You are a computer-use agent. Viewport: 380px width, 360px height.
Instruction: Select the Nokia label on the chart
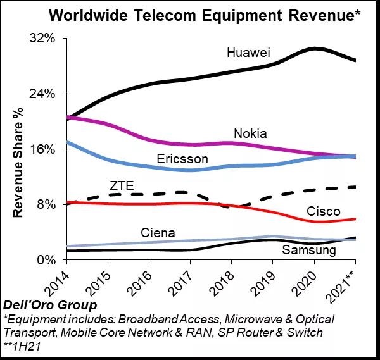[250, 133]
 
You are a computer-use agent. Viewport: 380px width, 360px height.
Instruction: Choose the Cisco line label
[323, 211]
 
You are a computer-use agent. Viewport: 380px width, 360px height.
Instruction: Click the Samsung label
[308, 251]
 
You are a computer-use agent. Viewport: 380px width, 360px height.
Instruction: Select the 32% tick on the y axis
[44, 39]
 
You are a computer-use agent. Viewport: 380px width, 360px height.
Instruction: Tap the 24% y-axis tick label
[44, 94]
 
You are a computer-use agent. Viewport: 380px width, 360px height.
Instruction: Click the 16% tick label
[44, 149]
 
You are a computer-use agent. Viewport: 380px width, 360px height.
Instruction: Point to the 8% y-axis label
[47, 204]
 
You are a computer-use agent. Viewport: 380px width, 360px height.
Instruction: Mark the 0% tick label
[47, 259]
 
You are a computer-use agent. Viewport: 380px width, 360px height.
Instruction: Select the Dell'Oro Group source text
[39, 306]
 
